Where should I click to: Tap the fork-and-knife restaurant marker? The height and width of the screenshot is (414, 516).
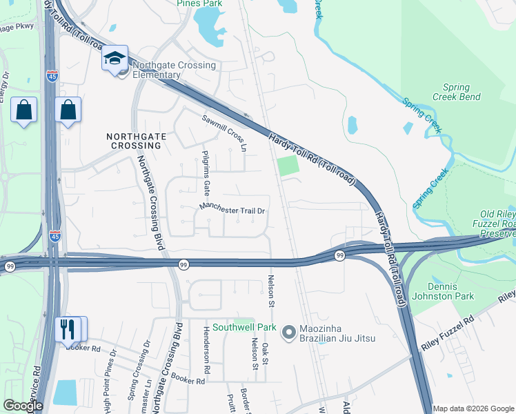coord(67,328)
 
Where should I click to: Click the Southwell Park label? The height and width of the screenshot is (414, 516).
coord(244,328)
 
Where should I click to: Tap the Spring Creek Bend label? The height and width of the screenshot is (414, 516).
coord(456,92)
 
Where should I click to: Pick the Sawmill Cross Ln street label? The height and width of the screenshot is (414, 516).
coord(224,133)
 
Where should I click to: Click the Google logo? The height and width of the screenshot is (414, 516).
coord(23,406)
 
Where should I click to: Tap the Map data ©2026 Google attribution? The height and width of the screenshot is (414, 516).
coord(473,408)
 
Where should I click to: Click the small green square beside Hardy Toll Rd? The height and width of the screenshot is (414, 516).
coord(288,166)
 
